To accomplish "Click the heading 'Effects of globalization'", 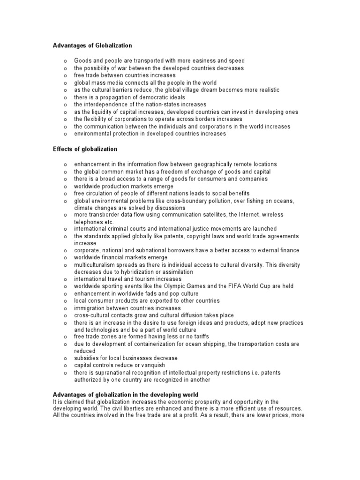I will [x=85, y=149].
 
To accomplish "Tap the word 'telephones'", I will [x=89, y=222].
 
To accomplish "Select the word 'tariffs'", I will [x=198, y=337].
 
